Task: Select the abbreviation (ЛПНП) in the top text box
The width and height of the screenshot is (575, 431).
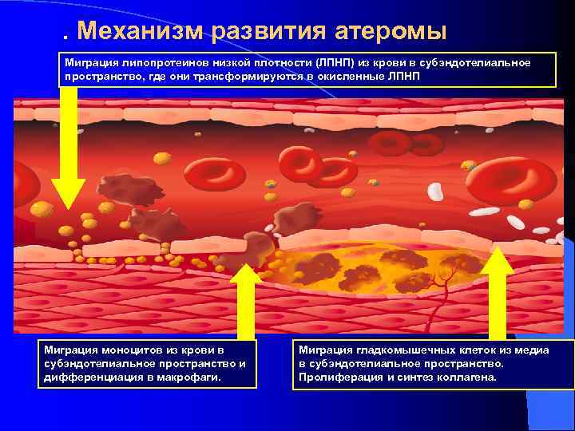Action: click(x=339, y=63)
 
